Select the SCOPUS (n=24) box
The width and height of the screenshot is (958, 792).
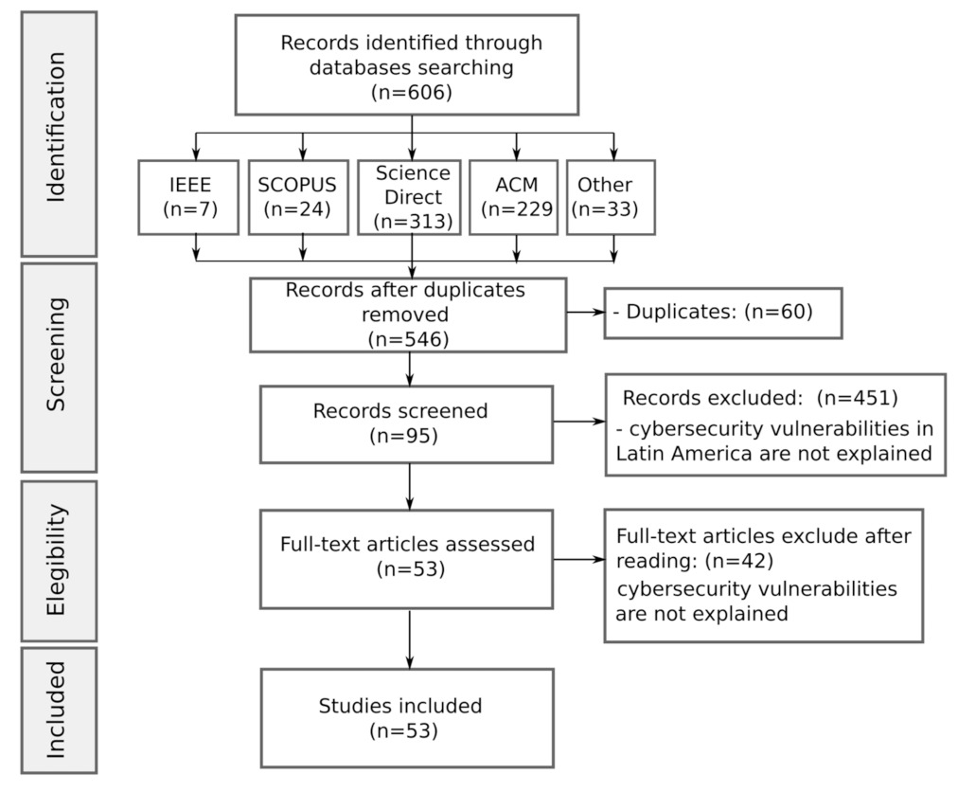(303, 197)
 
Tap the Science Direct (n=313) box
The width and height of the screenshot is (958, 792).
(410, 197)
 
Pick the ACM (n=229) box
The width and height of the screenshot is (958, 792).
(516, 197)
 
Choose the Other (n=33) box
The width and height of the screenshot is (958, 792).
(611, 197)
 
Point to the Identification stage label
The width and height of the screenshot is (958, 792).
(59, 133)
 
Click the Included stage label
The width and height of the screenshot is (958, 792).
(59, 709)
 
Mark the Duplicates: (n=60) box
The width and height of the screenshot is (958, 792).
(722, 312)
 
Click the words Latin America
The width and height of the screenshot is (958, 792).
(671, 453)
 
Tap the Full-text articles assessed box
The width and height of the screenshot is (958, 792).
(406, 557)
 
